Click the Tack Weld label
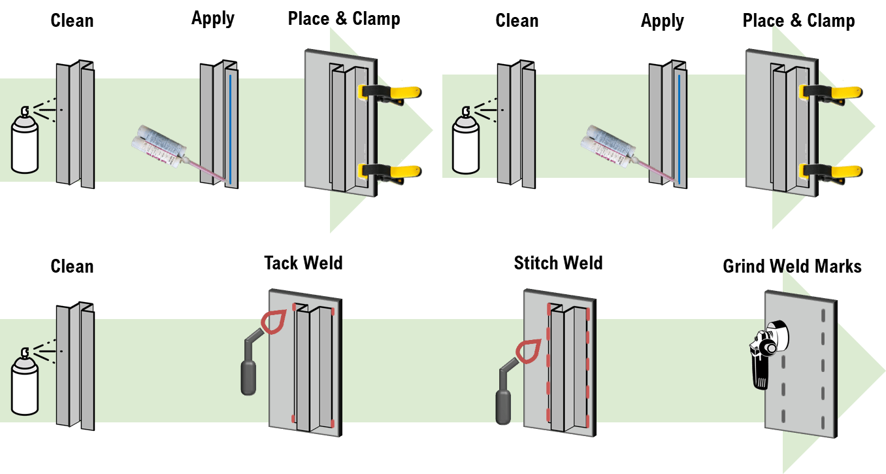point(303,263)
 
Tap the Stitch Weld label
point(558,263)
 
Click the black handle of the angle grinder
point(759,372)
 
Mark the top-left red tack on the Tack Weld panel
point(295,307)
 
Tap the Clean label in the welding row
point(72,267)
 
